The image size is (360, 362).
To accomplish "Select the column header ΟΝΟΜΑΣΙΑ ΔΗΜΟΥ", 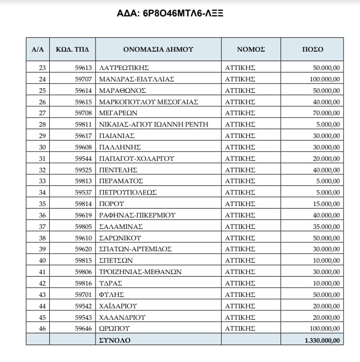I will [x=158, y=49].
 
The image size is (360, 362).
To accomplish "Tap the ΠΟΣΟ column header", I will [x=313, y=49].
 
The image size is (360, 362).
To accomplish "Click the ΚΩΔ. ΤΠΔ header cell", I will [x=72, y=49].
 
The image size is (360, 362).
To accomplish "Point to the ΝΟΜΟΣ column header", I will [x=251, y=49].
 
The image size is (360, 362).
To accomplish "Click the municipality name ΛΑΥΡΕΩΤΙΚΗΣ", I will [x=124, y=68].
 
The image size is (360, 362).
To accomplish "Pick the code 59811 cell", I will [x=83, y=124].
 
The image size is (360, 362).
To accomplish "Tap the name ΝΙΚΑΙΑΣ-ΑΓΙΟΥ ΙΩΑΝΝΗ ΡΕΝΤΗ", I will [x=153, y=124].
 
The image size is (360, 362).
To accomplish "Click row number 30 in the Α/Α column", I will [x=42, y=147].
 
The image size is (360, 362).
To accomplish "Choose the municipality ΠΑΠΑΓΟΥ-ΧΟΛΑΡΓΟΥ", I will [x=136, y=158].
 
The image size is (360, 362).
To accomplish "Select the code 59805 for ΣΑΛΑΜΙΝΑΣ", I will [x=83, y=226].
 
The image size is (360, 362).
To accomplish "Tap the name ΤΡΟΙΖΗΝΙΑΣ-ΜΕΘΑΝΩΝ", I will [x=140, y=272].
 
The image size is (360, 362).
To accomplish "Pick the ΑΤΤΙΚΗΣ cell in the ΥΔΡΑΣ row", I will [x=240, y=283].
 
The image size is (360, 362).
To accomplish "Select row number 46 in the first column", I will [x=42, y=328].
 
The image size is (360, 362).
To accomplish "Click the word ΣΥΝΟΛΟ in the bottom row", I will [x=114, y=340].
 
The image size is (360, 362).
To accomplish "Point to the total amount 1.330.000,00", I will [x=321, y=340].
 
